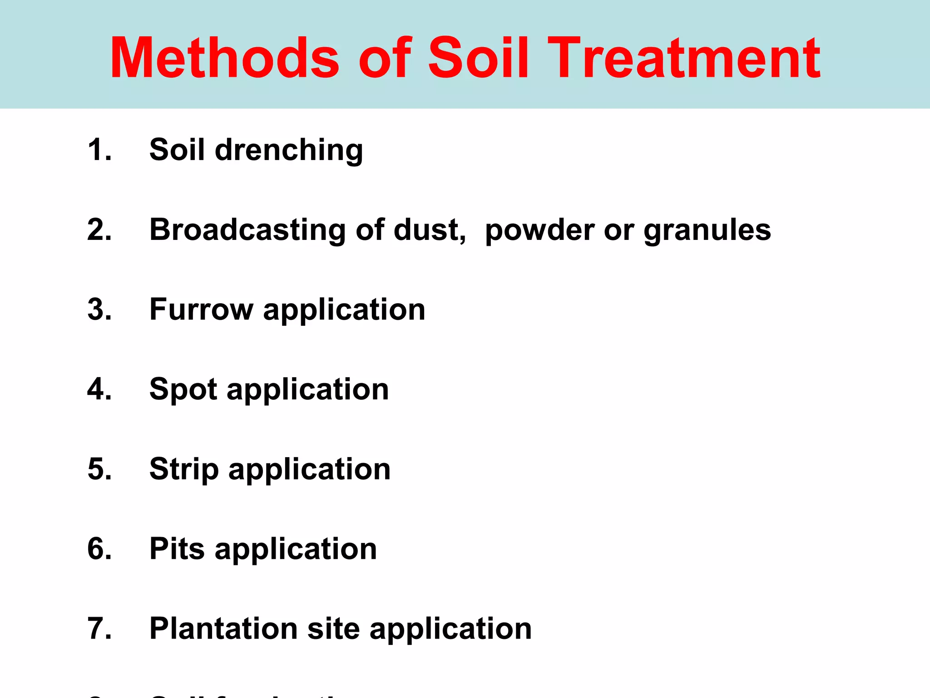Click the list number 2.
click(x=99, y=229)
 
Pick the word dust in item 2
click(x=429, y=230)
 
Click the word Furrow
click(x=201, y=309)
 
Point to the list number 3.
click(x=99, y=309)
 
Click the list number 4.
click(x=99, y=389)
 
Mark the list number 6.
click(x=99, y=549)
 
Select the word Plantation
click(x=223, y=628)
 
